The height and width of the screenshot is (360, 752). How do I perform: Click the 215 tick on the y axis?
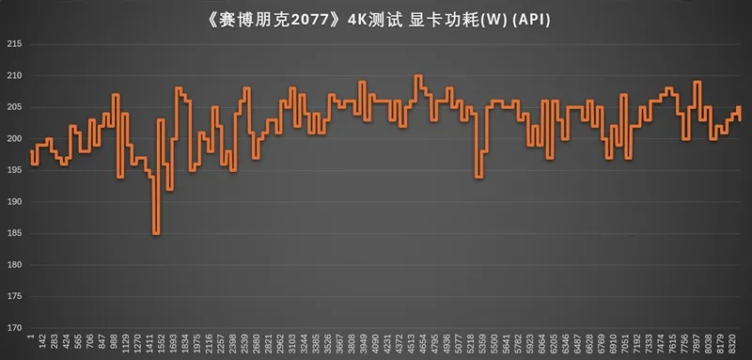[x=13, y=44]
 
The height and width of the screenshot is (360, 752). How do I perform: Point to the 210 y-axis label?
[x=13, y=75]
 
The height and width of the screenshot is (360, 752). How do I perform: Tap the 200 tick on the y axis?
[x=13, y=139]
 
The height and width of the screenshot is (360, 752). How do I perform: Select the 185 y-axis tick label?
[x=13, y=233]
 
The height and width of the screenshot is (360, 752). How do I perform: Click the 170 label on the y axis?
[x=13, y=328]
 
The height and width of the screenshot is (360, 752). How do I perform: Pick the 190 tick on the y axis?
[x=13, y=202]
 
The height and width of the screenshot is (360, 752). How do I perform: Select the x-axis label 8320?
[x=732, y=344]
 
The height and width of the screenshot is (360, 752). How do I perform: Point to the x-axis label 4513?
[x=411, y=344]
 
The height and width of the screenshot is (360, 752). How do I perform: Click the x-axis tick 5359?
[x=482, y=344]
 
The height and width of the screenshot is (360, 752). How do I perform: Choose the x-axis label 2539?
[x=243, y=344]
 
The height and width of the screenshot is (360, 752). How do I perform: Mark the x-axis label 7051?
[x=625, y=344]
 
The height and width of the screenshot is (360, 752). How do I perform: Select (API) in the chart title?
[x=531, y=17]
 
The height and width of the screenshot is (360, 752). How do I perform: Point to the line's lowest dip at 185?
[x=155, y=233]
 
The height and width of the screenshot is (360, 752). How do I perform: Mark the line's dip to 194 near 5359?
[x=479, y=177]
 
